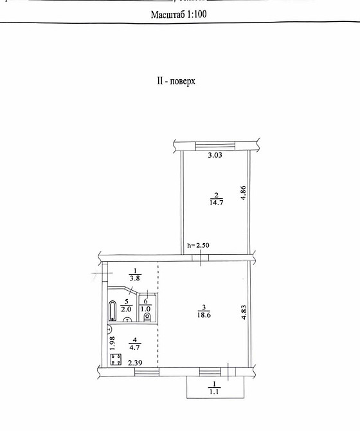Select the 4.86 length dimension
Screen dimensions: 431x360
point(244,193)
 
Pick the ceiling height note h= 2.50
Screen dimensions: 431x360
point(199,245)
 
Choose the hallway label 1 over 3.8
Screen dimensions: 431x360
point(134,275)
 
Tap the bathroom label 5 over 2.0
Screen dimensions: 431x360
point(127,304)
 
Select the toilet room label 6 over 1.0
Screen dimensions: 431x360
point(147,304)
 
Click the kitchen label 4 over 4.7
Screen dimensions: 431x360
point(135,344)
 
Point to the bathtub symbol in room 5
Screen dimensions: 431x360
point(113,312)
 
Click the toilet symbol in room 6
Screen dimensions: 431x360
point(147,316)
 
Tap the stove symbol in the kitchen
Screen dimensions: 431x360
point(116,360)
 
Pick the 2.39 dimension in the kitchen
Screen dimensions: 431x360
point(135,363)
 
